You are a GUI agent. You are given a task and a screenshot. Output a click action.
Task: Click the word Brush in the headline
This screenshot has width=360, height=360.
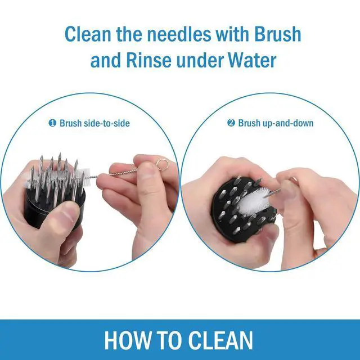(x=277, y=34)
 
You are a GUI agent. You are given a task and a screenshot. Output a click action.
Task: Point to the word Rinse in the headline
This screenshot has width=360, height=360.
(x=149, y=60)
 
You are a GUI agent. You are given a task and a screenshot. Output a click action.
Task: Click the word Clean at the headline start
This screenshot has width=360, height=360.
(x=88, y=34)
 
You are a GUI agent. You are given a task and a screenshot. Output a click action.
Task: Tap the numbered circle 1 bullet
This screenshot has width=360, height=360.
(x=52, y=123)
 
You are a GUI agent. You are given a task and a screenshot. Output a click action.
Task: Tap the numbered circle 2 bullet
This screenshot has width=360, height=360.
(x=231, y=123)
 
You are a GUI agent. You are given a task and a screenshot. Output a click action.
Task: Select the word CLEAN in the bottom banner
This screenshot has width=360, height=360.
(x=222, y=340)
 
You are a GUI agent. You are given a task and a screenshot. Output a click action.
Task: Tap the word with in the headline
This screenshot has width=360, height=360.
(x=232, y=34)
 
